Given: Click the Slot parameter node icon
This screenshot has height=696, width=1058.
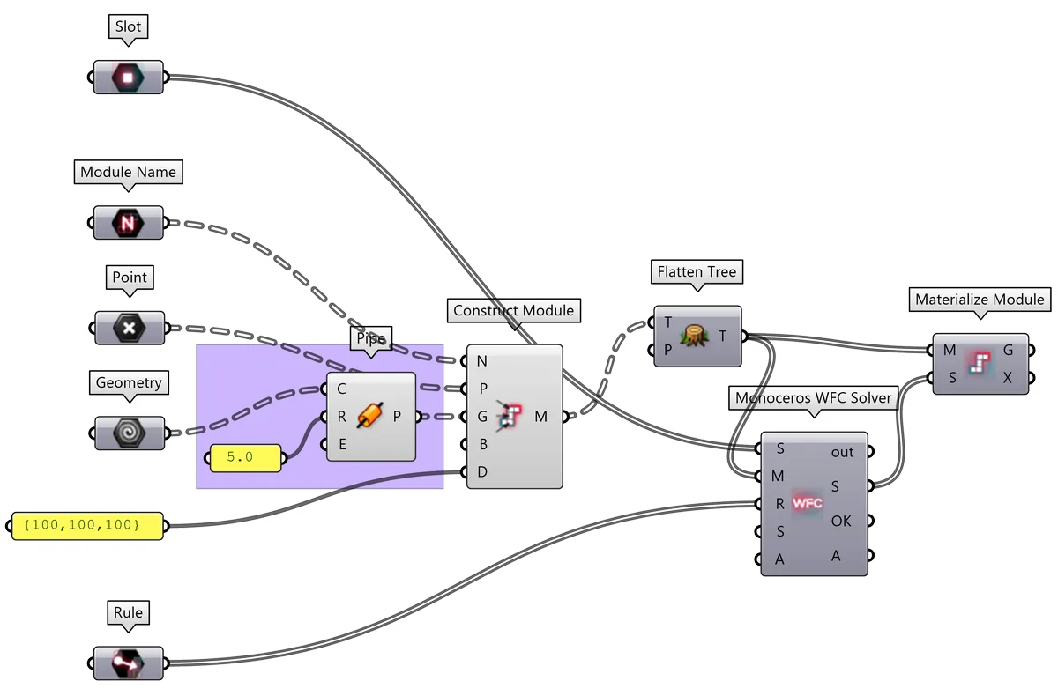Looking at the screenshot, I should (x=128, y=77).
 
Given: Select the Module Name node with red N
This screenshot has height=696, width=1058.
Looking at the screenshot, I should (x=128, y=223).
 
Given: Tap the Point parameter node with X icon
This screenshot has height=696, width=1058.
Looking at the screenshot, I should (x=128, y=328).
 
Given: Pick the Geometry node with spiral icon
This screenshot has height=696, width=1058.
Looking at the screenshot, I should (x=128, y=433).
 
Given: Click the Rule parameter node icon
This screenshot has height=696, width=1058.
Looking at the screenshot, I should (x=128, y=663).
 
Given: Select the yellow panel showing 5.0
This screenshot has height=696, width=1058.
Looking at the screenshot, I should (x=245, y=458).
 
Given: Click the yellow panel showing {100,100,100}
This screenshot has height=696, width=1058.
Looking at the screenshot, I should (x=88, y=526).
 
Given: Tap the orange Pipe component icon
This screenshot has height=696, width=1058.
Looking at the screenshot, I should (x=370, y=417).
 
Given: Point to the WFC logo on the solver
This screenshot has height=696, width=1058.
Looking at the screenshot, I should (x=807, y=504).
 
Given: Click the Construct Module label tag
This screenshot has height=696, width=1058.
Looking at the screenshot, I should (x=513, y=310).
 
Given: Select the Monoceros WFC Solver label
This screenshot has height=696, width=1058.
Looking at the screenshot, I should (x=814, y=398).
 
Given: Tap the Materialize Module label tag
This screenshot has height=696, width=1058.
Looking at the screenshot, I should (x=980, y=300).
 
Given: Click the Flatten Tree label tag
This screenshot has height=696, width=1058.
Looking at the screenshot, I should (x=697, y=272).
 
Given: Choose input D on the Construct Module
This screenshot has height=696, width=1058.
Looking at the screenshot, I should (x=481, y=472).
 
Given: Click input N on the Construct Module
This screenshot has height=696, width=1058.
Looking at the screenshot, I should (x=481, y=360).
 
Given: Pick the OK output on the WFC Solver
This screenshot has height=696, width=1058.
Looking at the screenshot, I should (x=842, y=521).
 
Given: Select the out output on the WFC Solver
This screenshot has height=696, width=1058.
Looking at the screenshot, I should (x=842, y=452).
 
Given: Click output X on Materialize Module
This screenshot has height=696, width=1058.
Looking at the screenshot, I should (x=1008, y=378).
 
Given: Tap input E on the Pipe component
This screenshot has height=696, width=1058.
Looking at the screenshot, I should (x=341, y=444).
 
